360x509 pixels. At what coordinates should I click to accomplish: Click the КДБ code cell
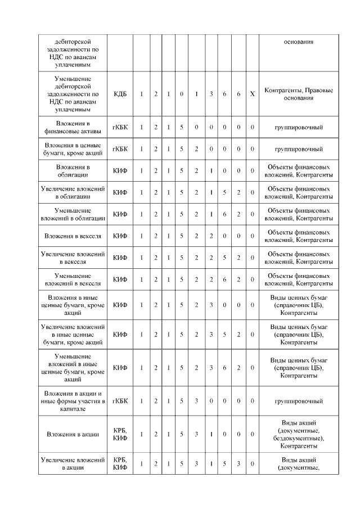click(x=120, y=93)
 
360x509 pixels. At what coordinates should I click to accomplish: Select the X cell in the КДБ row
click(x=253, y=93)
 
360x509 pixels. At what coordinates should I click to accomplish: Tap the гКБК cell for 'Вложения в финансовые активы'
click(x=120, y=128)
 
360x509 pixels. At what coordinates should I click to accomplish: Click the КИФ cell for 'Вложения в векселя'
click(x=120, y=236)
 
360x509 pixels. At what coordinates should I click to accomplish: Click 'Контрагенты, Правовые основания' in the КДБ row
click(x=298, y=93)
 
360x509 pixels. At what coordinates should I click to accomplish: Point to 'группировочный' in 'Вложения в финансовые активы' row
click(x=298, y=128)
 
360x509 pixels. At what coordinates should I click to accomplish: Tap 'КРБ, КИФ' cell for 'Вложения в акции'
click(x=120, y=434)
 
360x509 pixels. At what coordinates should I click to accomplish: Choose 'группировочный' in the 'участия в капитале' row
click(x=298, y=401)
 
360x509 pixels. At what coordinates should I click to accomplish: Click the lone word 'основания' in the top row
click(x=298, y=42)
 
